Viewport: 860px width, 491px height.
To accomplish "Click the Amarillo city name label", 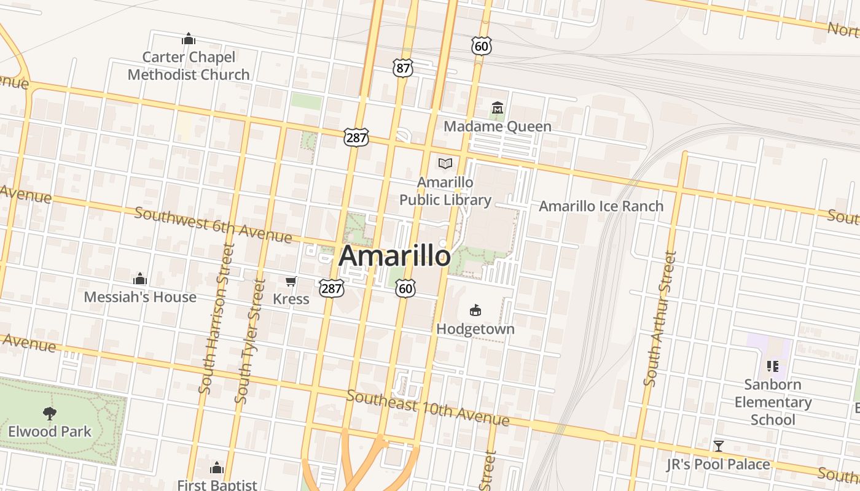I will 394,255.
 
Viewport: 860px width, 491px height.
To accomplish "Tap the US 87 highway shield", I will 402,68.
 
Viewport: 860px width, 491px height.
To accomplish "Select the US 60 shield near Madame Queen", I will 482,45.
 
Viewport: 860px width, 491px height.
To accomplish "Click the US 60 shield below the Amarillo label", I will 405,288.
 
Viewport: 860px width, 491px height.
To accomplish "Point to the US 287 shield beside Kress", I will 330,287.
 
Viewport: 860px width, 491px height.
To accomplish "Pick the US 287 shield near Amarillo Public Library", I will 356,137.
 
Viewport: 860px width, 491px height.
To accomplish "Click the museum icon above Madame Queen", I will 497,109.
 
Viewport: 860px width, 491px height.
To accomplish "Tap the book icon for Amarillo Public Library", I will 445,163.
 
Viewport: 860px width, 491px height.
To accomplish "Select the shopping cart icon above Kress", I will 291,282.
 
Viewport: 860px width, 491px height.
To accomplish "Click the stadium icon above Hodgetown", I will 475,311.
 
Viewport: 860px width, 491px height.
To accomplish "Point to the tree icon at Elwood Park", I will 49,414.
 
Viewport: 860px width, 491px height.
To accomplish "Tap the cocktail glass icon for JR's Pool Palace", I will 718,446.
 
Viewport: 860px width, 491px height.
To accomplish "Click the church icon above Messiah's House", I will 140,279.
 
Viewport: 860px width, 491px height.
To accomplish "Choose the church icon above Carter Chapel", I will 189,39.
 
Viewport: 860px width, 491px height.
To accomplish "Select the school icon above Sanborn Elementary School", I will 773,366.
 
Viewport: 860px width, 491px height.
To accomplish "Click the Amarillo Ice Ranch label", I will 601,206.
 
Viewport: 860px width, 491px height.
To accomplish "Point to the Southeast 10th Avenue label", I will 428,408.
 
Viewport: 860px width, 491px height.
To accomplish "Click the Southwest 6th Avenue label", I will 213,224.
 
